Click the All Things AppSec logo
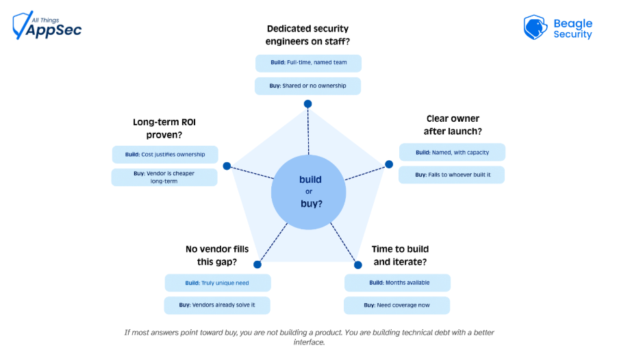(x=47, y=25)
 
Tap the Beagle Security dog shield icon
(x=535, y=27)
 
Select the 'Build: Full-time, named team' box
(x=308, y=63)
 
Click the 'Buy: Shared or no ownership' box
(x=307, y=86)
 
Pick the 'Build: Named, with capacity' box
(x=452, y=152)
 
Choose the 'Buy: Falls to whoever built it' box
(x=452, y=175)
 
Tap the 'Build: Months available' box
(x=397, y=283)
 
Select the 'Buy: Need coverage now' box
(x=396, y=305)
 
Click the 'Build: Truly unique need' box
(x=218, y=283)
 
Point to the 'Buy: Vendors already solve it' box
(x=217, y=305)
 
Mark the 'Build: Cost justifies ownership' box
(x=165, y=155)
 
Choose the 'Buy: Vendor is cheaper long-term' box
(x=164, y=177)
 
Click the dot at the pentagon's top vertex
(x=307, y=104)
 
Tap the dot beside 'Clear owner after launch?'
(x=389, y=164)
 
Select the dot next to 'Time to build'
(x=357, y=265)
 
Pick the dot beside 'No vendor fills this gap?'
(x=257, y=264)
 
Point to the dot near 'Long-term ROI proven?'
(x=227, y=166)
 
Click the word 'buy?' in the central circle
(x=312, y=204)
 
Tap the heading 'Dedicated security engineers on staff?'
(x=307, y=35)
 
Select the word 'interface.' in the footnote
(x=309, y=342)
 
